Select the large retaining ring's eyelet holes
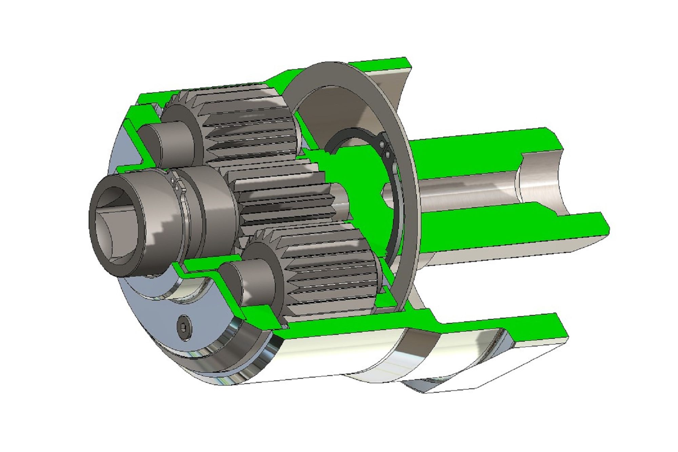point(385,149)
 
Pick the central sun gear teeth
point(281,200)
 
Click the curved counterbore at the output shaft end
point(539,183)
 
